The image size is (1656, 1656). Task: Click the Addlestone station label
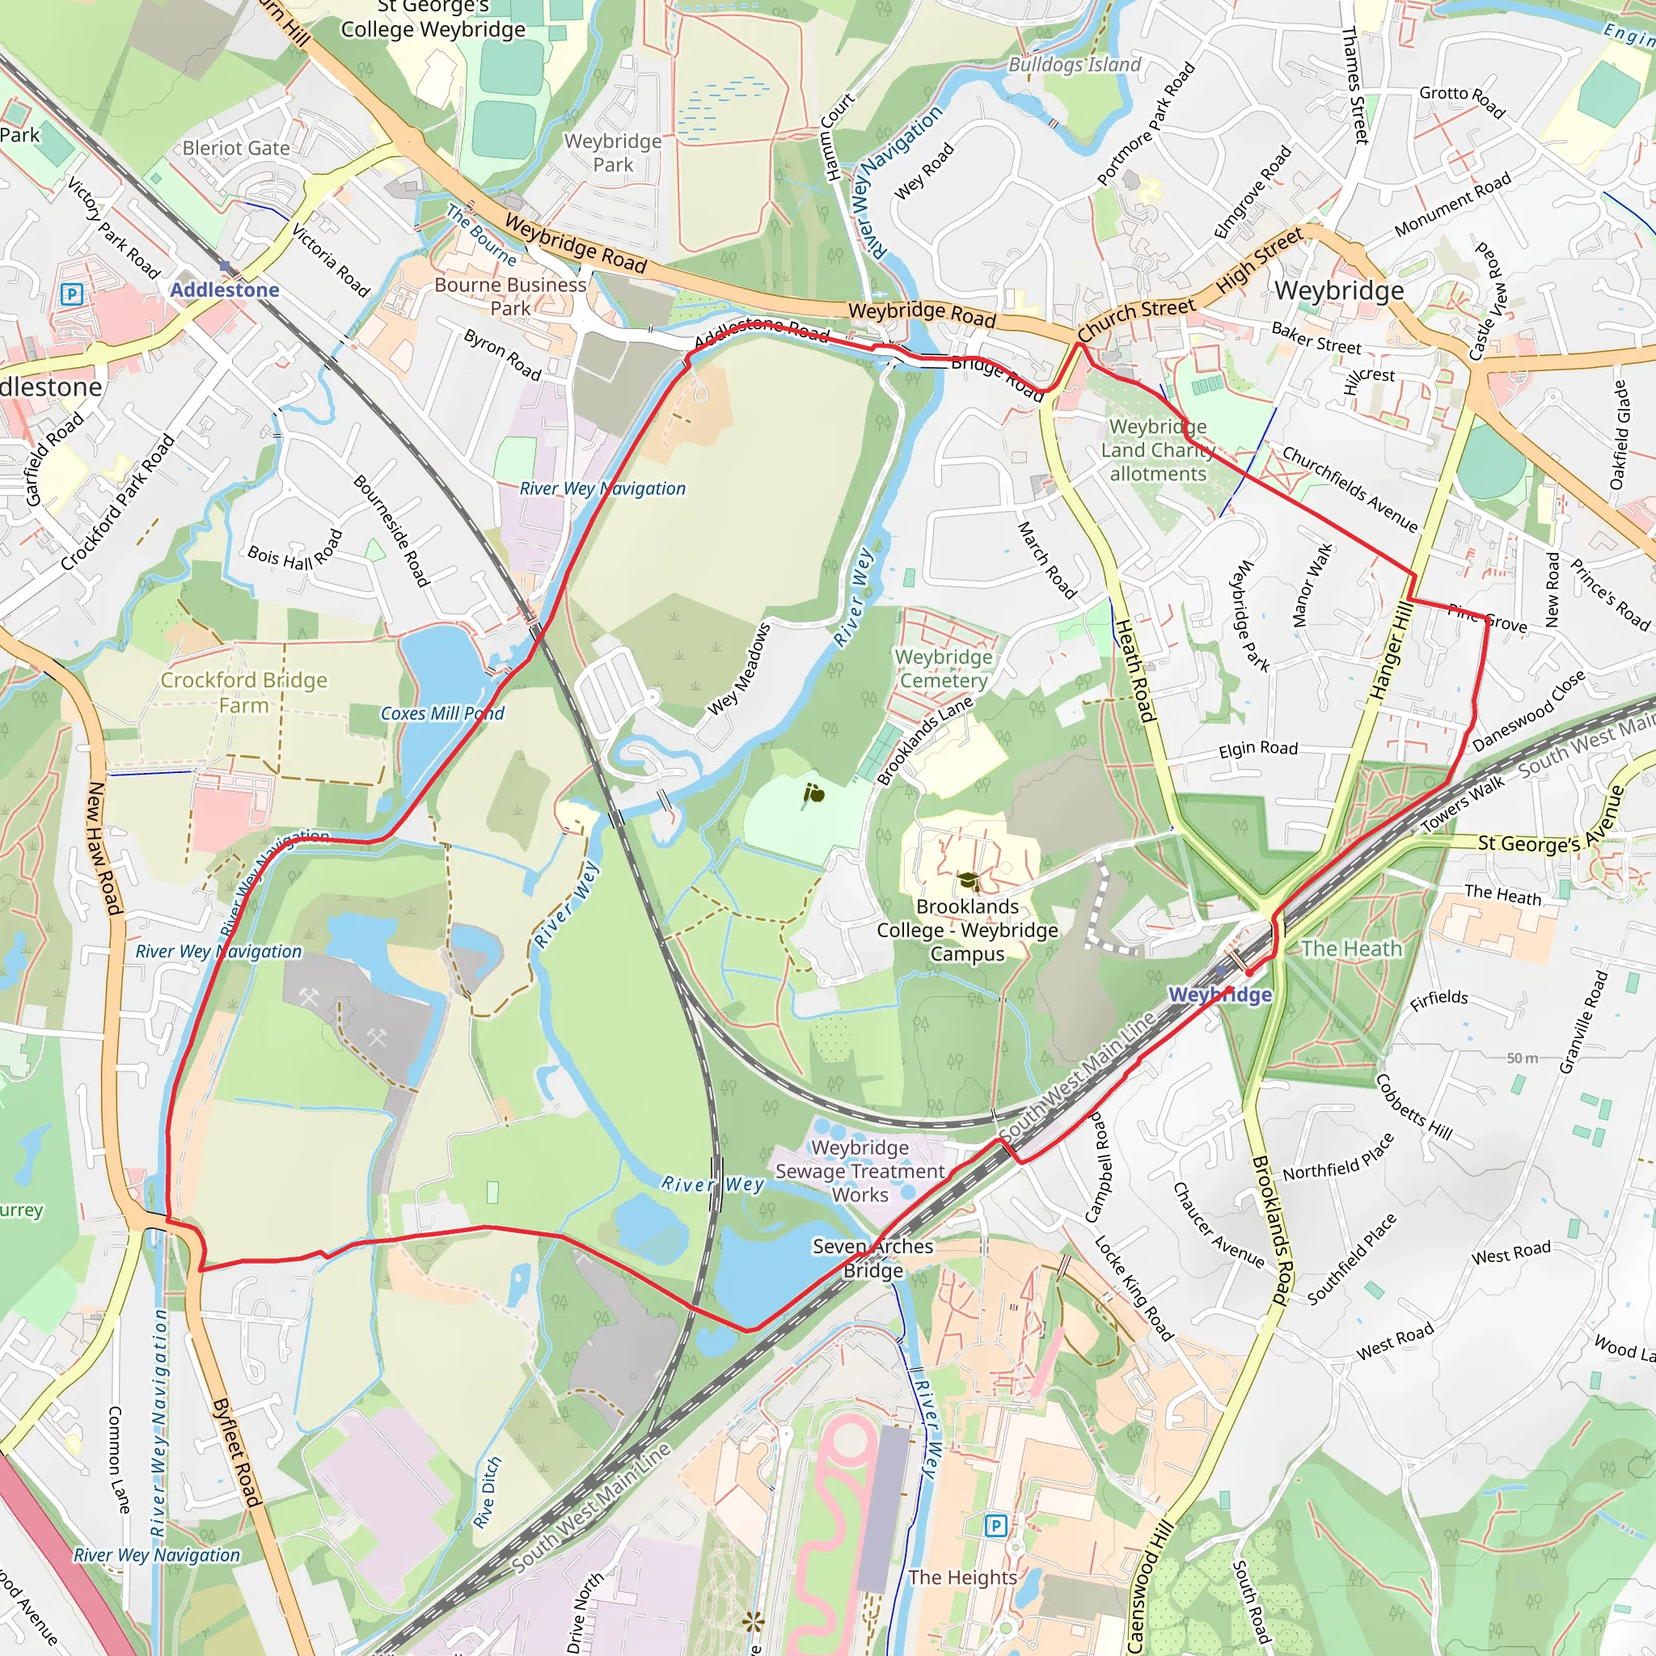pyautogui.click(x=225, y=289)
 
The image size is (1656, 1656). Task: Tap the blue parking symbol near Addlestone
pyautogui.click(x=72, y=295)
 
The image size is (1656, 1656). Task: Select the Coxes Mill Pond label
pyautogui.click(x=442, y=713)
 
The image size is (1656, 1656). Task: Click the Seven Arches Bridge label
pyautogui.click(x=872, y=1258)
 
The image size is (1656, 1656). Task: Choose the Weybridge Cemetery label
pyautogui.click(x=944, y=669)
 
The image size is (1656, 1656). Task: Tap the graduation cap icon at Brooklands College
pyautogui.click(x=968, y=881)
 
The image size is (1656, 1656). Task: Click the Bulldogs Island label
pyautogui.click(x=1074, y=65)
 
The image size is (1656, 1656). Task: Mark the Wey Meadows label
pyautogui.click(x=739, y=670)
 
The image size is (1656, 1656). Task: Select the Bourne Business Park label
pyautogui.click(x=510, y=296)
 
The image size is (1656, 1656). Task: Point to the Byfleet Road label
pyautogui.click(x=236, y=1452)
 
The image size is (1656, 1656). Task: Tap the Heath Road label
pyautogui.click(x=1134, y=670)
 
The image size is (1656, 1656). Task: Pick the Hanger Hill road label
pyautogui.click(x=1391, y=652)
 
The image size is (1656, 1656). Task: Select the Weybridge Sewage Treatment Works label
pyautogui.click(x=860, y=1171)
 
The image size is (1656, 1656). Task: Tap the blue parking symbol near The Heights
pyautogui.click(x=995, y=1526)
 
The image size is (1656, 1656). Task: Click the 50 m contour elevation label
pyautogui.click(x=1523, y=1058)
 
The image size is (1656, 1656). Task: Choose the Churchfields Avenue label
pyautogui.click(x=1350, y=488)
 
